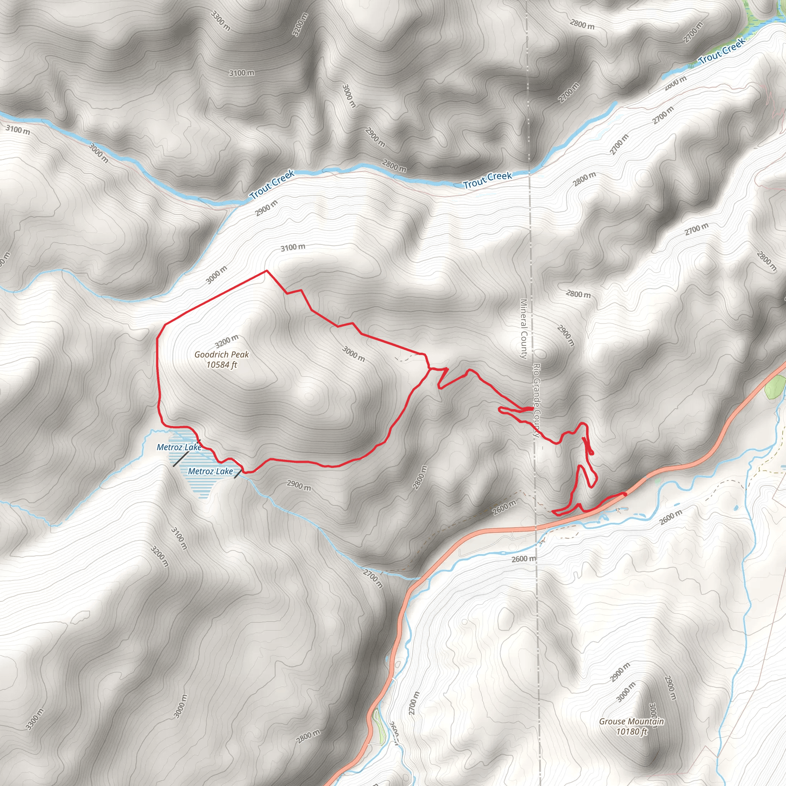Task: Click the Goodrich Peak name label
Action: point(221,354)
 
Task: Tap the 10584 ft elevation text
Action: point(221,365)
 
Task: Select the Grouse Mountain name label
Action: point(631,721)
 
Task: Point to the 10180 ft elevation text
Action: point(631,732)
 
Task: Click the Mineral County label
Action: point(523,329)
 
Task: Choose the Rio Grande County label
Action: point(537,400)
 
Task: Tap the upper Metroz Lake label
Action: point(179,447)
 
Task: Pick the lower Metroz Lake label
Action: point(210,471)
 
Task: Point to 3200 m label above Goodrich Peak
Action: point(226,340)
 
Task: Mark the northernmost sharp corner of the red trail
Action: point(266,271)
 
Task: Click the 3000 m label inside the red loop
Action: point(353,353)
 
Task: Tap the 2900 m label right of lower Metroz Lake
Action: point(299,485)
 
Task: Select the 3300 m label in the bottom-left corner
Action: point(34,719)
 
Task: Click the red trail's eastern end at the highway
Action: point(624,494)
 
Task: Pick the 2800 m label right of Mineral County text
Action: point(578,294)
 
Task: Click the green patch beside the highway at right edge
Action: point(775,387)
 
